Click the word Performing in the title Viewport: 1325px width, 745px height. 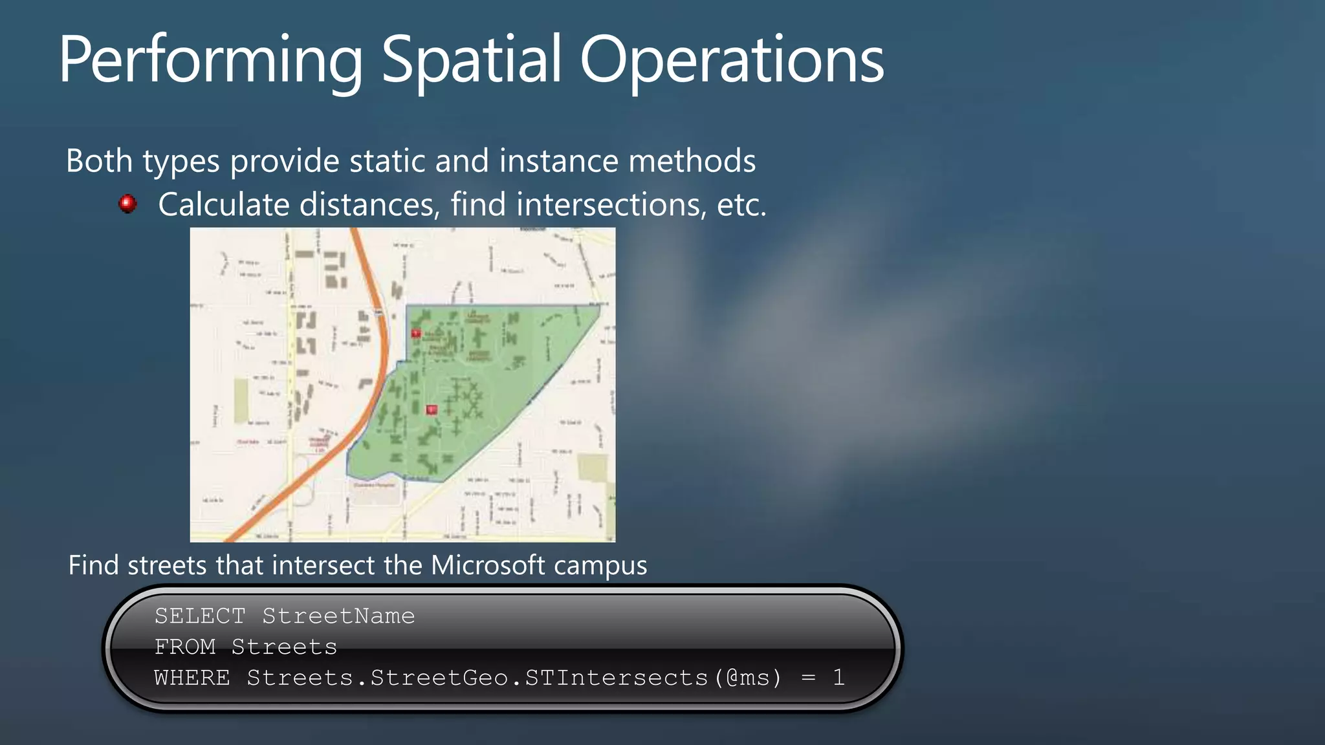point(210,61)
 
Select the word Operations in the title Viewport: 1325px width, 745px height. point(732,61)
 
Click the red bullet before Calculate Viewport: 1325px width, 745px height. point(127,204)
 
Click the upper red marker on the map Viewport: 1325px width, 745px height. point(416,334)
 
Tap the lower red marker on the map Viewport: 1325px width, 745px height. point(432,409)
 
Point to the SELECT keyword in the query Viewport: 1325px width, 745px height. point(200,616)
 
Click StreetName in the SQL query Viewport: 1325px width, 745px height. point(338,616)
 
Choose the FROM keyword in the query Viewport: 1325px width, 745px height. point(185,647)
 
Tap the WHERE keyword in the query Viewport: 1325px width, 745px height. point(192,678)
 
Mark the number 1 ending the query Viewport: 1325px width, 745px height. point(838,678)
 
